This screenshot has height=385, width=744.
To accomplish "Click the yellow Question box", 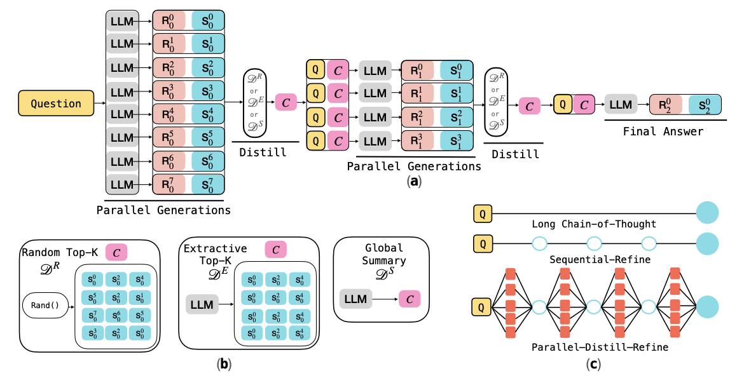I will click(57, 104).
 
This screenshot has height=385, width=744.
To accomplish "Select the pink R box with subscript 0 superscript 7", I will click(169, 185).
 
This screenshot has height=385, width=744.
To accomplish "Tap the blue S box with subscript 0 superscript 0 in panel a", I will click(208, 21).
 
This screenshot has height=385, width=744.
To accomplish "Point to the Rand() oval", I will click(45, 304).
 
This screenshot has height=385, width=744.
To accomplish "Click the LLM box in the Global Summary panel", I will click(355, 299).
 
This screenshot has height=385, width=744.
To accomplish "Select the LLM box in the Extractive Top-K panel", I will click(202, 304).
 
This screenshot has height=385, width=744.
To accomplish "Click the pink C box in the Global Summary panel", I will click(410, 299).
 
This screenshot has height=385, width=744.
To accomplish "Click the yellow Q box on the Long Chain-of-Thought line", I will click(483, 213).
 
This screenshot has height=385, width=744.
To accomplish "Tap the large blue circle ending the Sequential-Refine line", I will click(707, 243).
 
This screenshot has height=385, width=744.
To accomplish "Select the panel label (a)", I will click(414, 181).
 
